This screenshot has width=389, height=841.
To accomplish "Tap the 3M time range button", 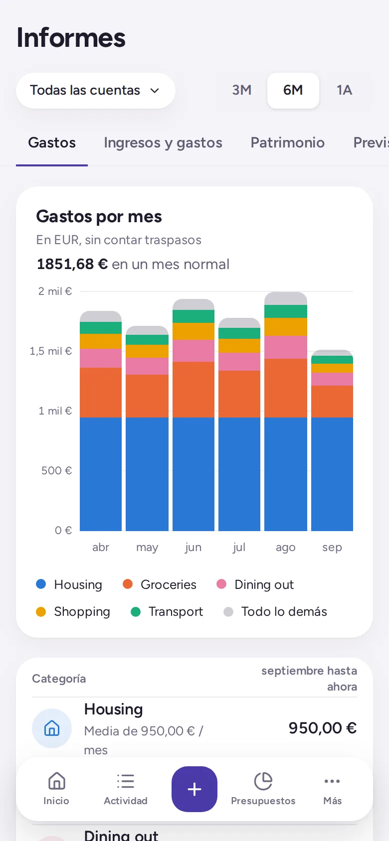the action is [242, 90].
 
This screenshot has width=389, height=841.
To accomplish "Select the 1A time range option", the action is [344, 90].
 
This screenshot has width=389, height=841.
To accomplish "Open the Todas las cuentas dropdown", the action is [95, 91].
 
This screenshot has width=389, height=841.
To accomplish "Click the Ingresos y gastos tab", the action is [163, 142].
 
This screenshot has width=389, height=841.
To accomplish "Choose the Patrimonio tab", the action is [288, 142].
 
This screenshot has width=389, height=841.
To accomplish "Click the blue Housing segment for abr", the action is [101, 474].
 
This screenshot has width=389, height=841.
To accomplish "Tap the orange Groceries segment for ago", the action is [286, 388].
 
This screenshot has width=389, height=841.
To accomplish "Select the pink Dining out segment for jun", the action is [194, 351].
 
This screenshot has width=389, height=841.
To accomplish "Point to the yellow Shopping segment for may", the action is [147, 351].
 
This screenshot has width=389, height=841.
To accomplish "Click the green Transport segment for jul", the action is [239, 333].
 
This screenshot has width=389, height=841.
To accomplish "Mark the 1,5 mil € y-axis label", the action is [51, 351].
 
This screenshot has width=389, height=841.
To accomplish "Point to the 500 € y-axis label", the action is [56, 470].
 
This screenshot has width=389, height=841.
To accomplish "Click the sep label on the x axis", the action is [332, 548].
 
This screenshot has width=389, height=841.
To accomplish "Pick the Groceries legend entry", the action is [160, 584].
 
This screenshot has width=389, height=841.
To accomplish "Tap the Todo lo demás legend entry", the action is [275, 612].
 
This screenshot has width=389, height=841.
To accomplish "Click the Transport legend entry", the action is [167, 612].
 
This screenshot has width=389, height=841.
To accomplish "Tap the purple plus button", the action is [194, 789].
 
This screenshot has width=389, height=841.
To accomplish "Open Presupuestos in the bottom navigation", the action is [263, 789].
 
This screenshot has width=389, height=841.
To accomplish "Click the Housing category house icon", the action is [52, 728].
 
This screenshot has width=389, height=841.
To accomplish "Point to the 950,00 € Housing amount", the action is [323, 728].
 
